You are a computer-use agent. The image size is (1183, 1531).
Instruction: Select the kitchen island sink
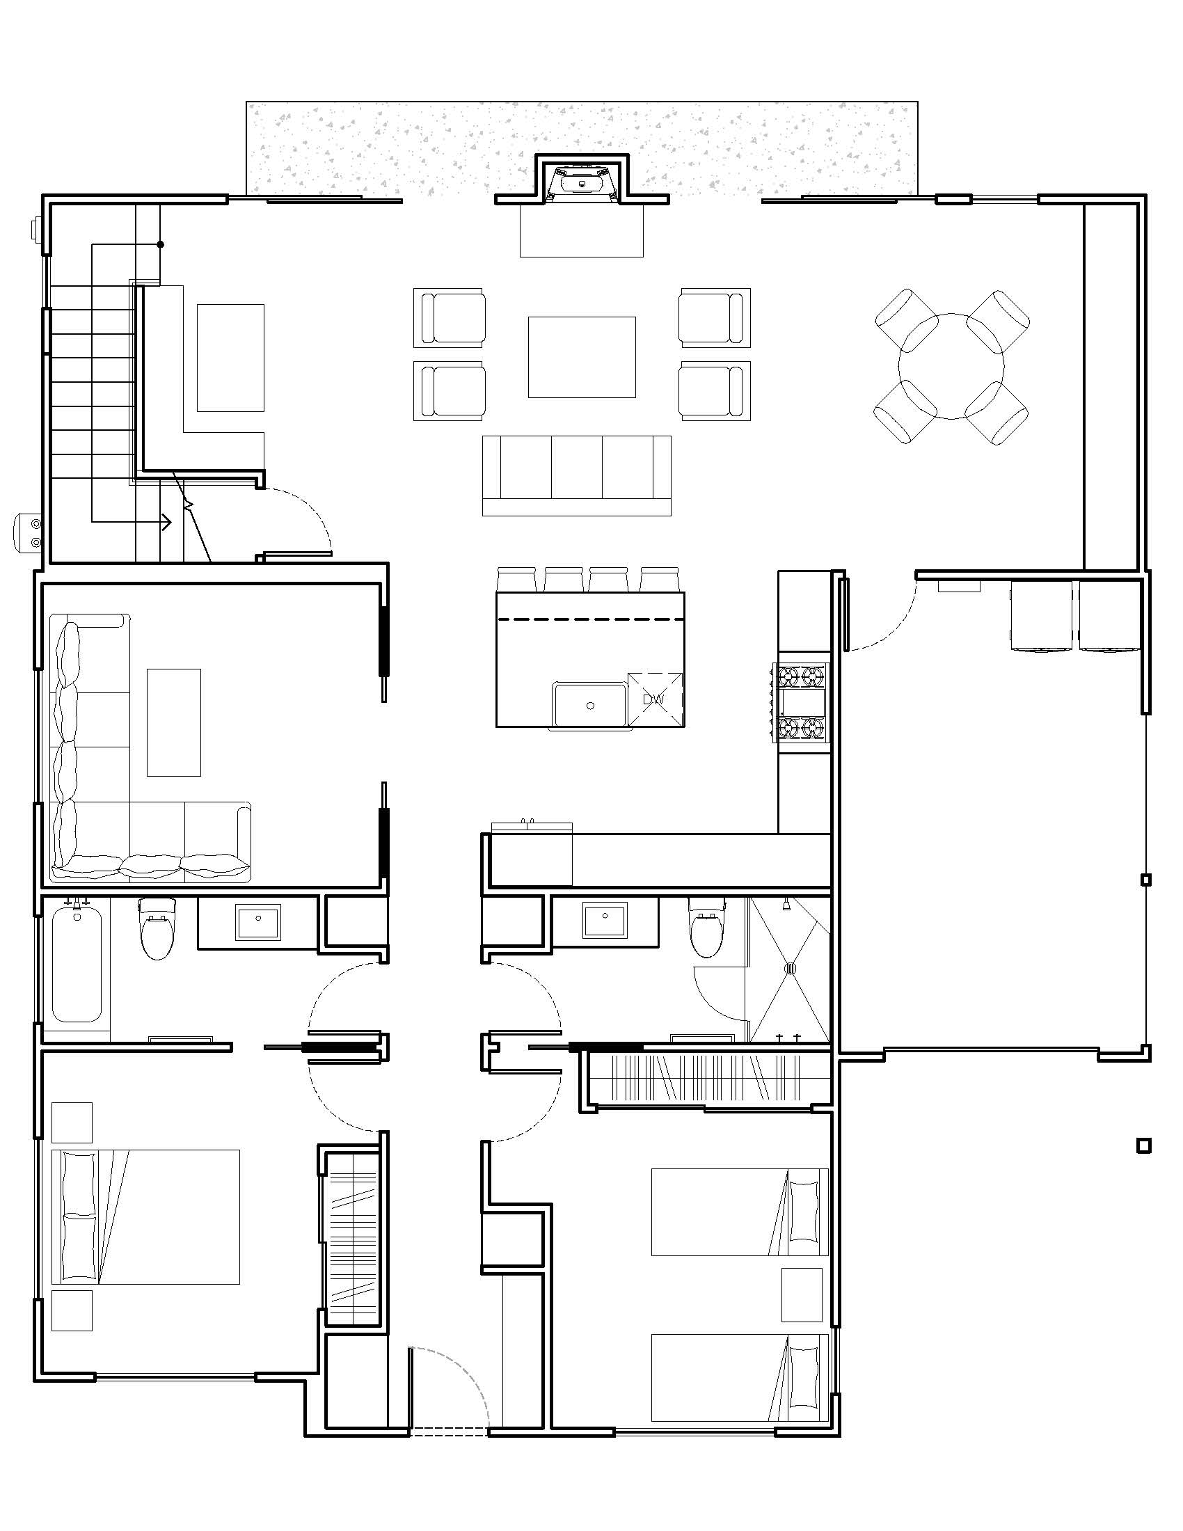tap(589, 704)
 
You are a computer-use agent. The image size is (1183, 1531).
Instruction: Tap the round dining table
tap(951, 366)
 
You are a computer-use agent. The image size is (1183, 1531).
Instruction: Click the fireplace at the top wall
tap(582, 184)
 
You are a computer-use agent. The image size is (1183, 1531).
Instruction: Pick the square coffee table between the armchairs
tap(582, 358)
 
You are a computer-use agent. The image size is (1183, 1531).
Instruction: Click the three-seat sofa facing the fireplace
tap(576, 475)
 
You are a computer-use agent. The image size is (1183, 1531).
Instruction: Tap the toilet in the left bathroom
tap(158, 928)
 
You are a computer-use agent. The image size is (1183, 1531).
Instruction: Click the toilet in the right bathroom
tap(706, 928)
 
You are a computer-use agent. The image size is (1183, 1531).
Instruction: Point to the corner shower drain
tap(790, 969)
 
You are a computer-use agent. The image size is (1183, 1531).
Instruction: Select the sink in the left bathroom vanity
tap(258, 921)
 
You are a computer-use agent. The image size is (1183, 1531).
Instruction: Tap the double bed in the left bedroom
tap(145, 1217)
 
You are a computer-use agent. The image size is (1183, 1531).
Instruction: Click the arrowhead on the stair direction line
tap(168, 521)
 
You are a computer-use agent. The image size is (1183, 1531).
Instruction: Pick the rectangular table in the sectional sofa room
tap(174, 722)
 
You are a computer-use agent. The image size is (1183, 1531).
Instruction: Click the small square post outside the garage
tap(1144, 1146)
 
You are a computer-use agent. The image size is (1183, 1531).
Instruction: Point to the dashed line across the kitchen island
tap(590, 619)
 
